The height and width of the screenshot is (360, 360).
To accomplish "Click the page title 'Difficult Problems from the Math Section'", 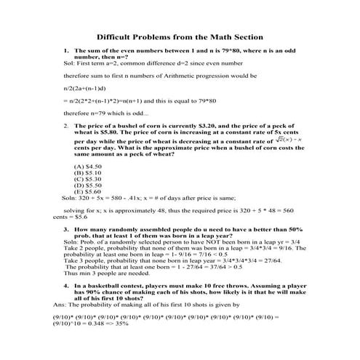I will [180, 36].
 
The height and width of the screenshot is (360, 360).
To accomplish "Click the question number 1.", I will [65, 51].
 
